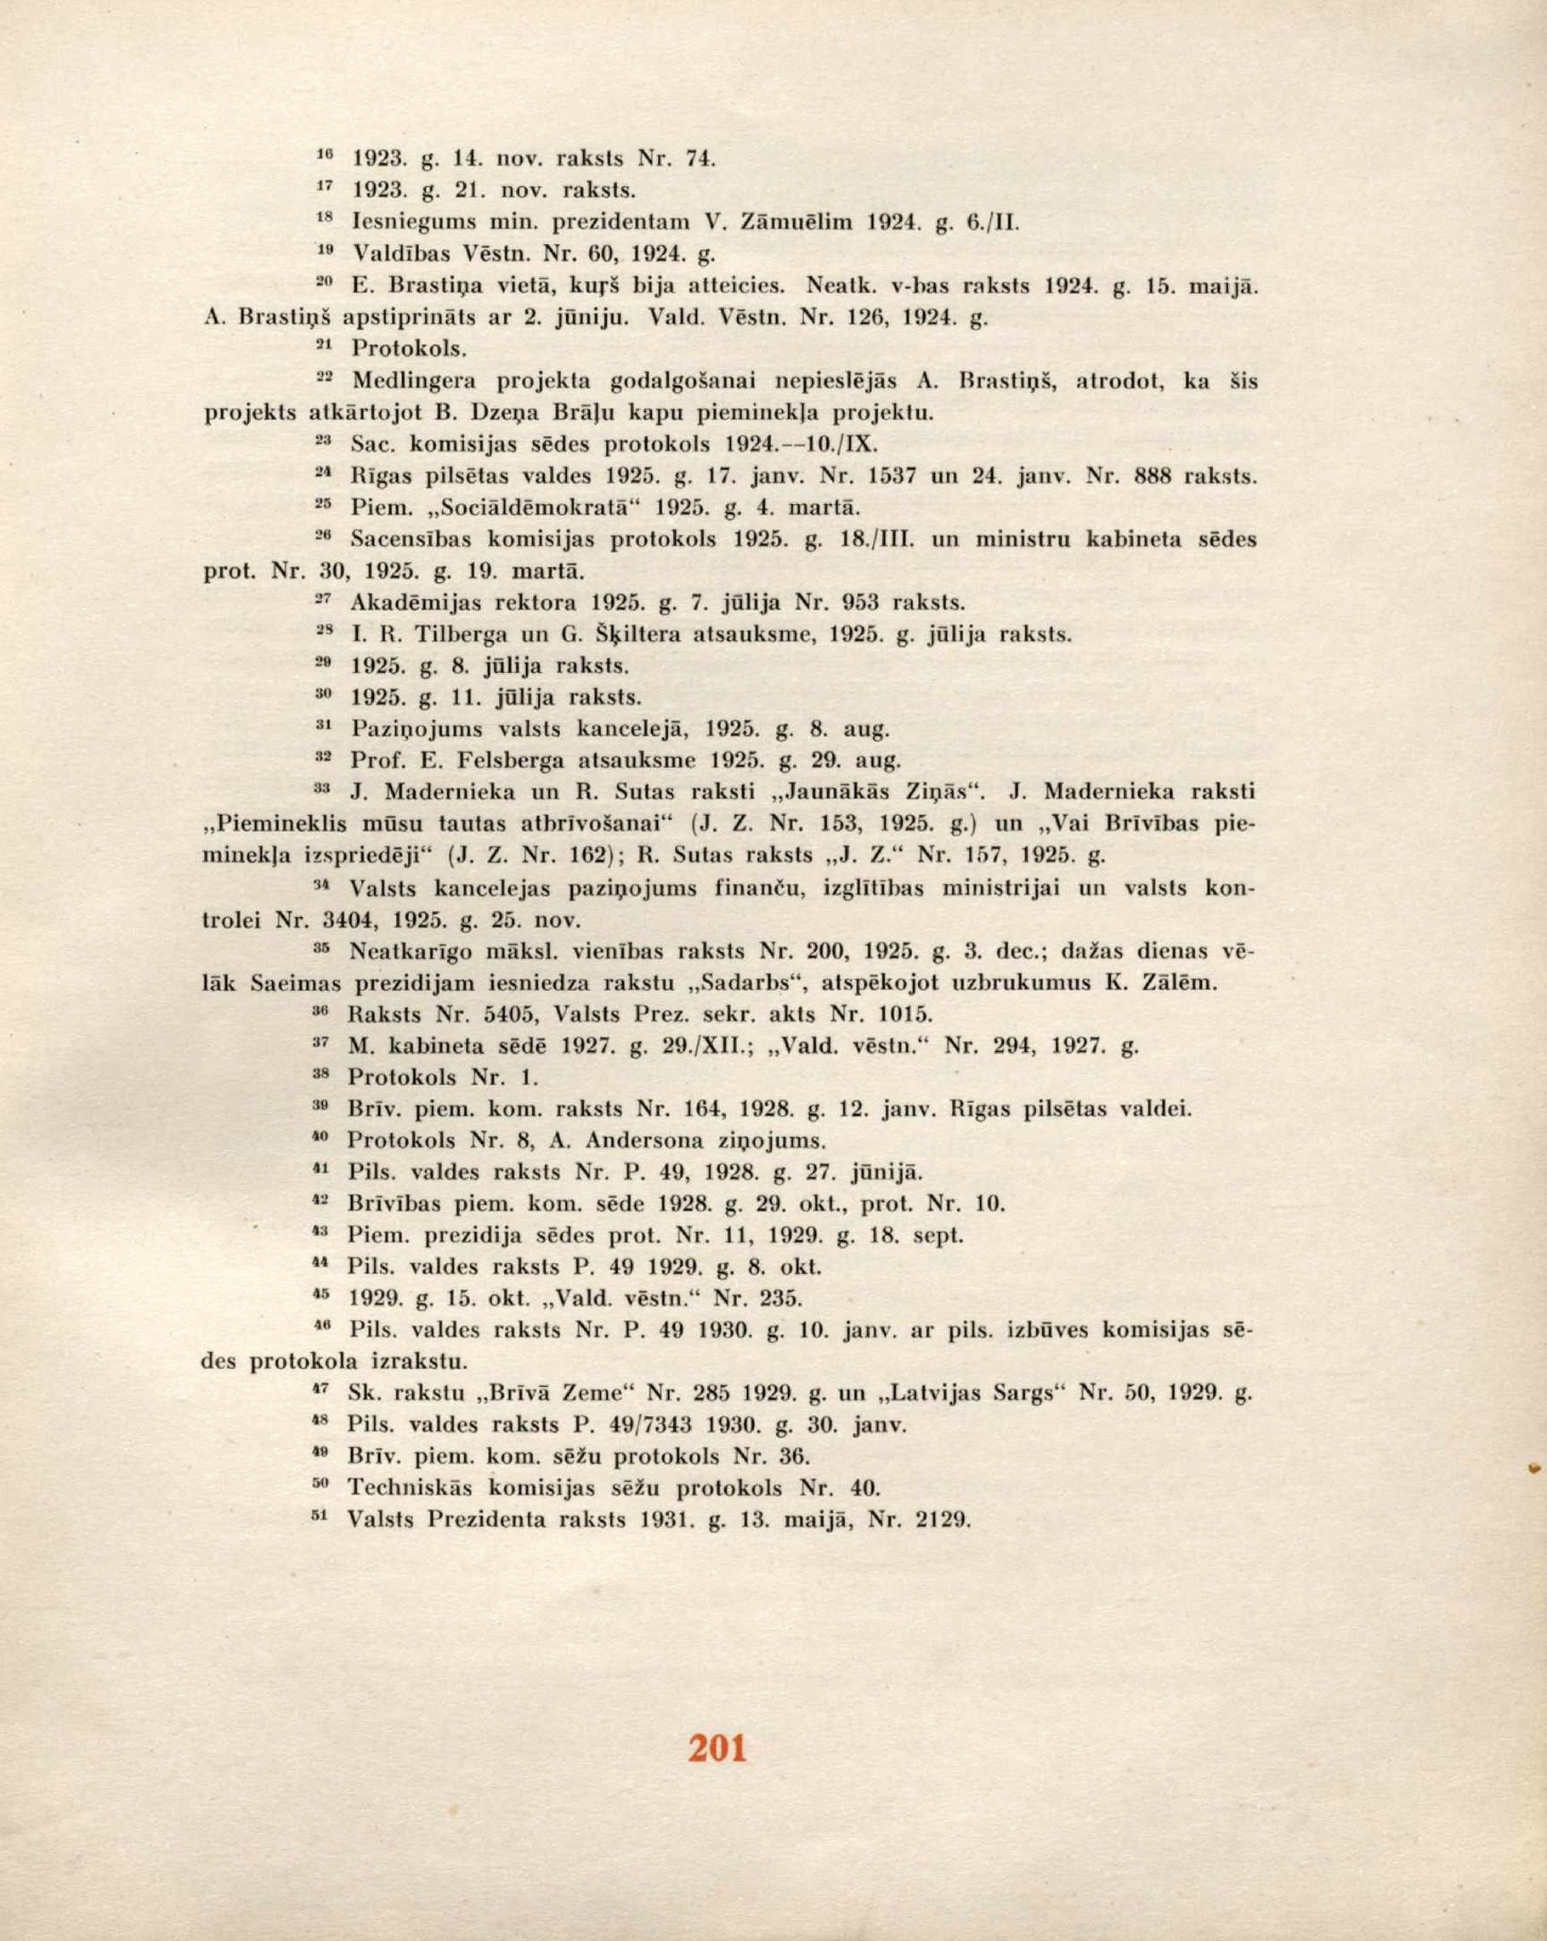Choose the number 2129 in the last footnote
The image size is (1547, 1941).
click(x=940, y=1519)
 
